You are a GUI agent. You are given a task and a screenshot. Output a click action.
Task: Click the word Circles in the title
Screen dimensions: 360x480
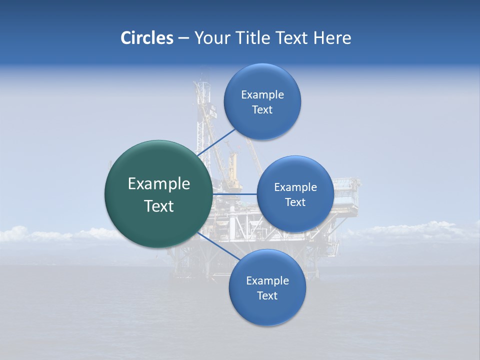(146, 38)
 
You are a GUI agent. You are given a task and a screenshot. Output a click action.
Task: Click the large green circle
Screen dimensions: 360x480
(158, 194)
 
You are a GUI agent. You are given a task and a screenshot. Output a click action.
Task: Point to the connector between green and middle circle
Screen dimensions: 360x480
(234, 194)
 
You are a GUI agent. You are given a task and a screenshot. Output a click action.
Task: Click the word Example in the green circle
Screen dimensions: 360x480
(159, 184)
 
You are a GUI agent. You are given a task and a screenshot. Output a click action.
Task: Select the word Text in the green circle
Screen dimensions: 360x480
(159, 206)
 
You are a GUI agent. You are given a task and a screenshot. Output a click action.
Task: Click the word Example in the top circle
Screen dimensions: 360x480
(262, 95)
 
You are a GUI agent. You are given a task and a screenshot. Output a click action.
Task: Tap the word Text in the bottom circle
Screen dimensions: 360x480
(267, 296)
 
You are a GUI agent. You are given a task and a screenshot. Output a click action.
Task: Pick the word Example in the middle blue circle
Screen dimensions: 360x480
(295, 187)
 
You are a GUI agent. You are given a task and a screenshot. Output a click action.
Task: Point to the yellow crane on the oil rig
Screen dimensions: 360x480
(234, 170)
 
